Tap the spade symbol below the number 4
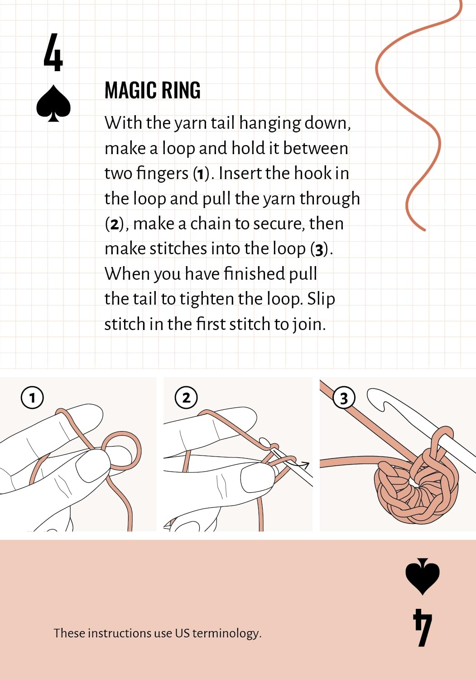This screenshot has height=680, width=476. [x=53, y=103]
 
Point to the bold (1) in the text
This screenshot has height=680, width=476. [x=199, y=174]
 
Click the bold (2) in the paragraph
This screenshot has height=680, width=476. [x=113, y=224]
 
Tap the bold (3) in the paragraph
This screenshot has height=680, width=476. [x=319, y=250]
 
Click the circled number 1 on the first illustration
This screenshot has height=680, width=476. [x=32, y=398]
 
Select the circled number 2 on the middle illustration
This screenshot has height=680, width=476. [x=186, y=398]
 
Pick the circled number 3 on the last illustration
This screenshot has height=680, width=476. [x=344, y=398]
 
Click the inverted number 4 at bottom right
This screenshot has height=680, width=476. [x=423, y=627]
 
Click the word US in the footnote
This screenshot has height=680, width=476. [x=182, y=633]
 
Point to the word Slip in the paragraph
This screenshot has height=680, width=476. [x=321, y=299]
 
